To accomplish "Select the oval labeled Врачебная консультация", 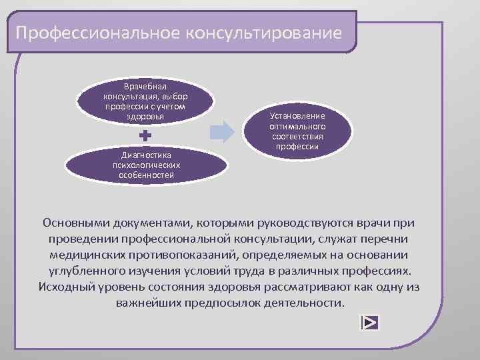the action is click(145, 101).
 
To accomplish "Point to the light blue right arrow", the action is click(221, 131).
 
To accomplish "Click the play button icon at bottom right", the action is click(369, 323).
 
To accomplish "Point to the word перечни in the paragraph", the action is click(387, 238).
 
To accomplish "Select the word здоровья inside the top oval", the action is click(145, 117).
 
